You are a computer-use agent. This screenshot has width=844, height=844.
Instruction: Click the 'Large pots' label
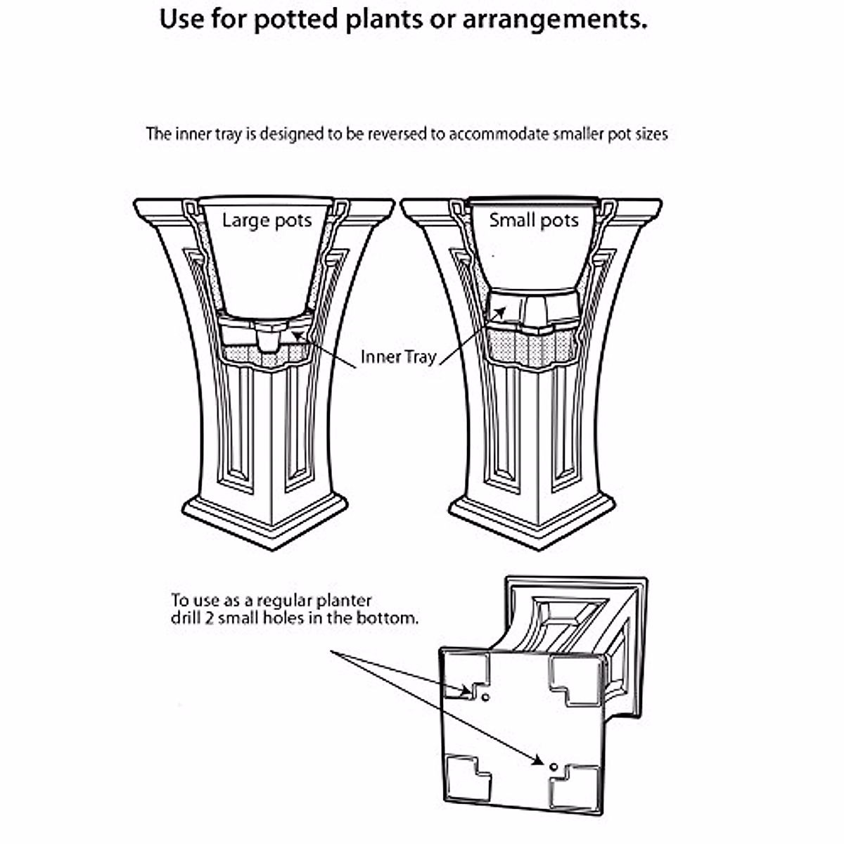[267, 221]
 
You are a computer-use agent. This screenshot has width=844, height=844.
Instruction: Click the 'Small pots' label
[534, 220]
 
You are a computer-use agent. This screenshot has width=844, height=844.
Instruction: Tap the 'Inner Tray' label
[398, 357]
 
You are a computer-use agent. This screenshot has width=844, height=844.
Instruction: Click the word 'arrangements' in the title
[554, 20]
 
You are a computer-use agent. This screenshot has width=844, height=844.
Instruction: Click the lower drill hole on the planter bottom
[554, 766]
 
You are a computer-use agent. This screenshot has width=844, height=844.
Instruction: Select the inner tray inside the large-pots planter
[266, 334]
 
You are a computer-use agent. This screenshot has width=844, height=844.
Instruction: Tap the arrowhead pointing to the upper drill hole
[466, 691]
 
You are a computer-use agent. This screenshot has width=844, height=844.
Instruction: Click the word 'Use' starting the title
[181, 20]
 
